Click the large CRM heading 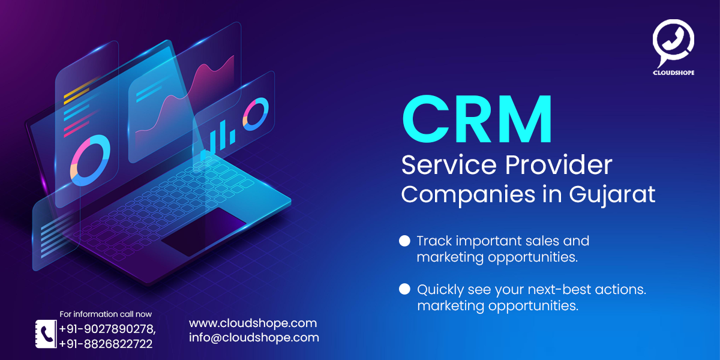coord(477,120)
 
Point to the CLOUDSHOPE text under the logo coord(673,73)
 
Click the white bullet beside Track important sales coord(404,241)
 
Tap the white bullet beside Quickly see coord(404,289)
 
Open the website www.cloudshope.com coord(253,323)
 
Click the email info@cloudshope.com coord(254,337)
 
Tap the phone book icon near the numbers coord(44,334)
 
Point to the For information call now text coord(106,314)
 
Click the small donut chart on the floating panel coord(256,114)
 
